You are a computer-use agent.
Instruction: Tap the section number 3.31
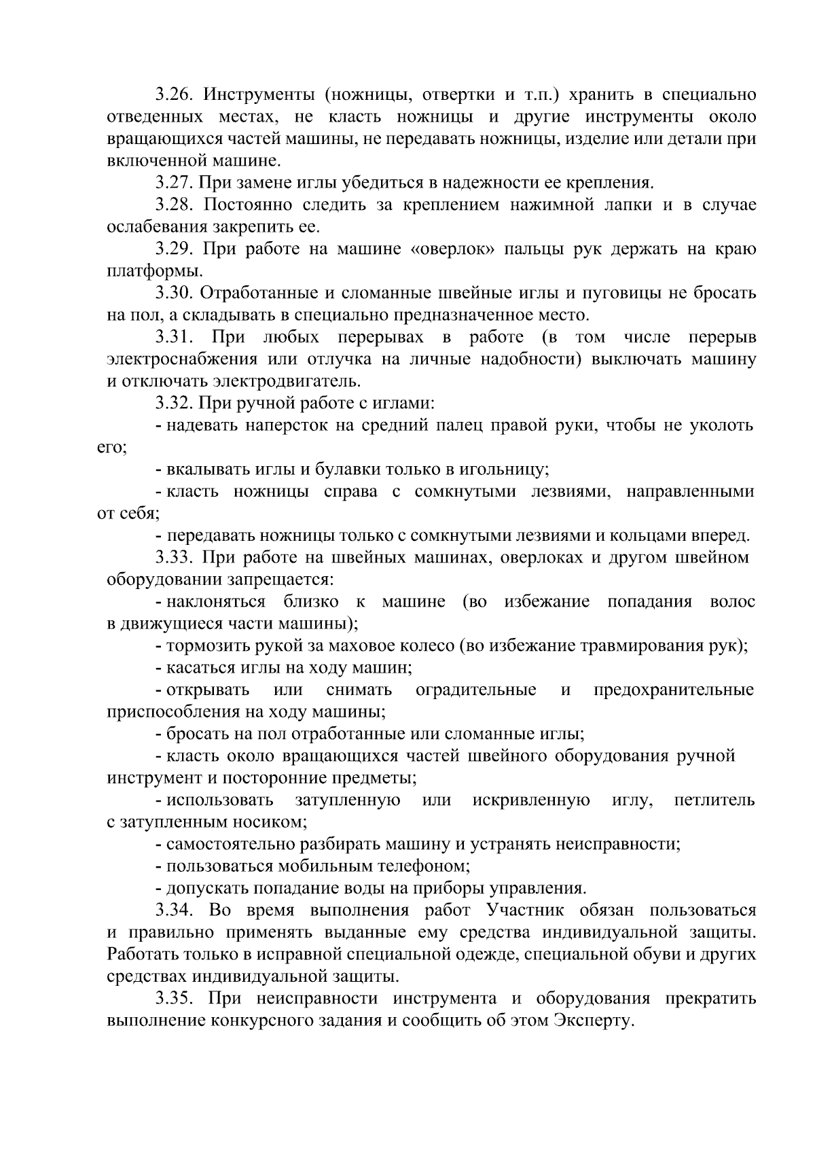(x=175, y=338)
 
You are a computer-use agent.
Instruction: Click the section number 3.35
(x=175, y=999)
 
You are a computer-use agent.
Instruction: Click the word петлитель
(x=714, y=800)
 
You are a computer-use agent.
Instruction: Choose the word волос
(x=731, y=602)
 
